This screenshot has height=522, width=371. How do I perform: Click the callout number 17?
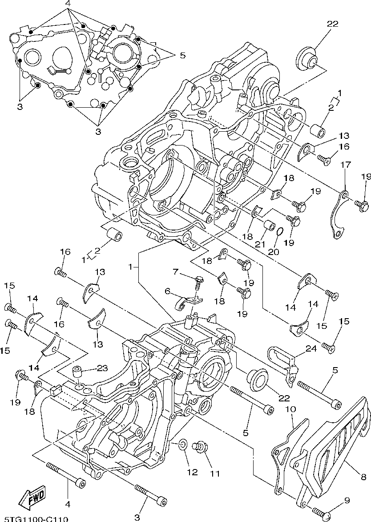pos(345,165)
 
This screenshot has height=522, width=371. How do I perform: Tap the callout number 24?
pos(311,348)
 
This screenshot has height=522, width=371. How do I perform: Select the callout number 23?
pos(102,368)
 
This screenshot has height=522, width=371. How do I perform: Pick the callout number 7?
pos(168,291)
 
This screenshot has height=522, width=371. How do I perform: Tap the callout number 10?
pos(293,409)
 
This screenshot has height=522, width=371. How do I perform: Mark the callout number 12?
pos(192,473)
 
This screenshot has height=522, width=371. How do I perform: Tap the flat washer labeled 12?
pos(183,454)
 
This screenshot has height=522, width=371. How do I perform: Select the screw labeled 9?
pos(323,509)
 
